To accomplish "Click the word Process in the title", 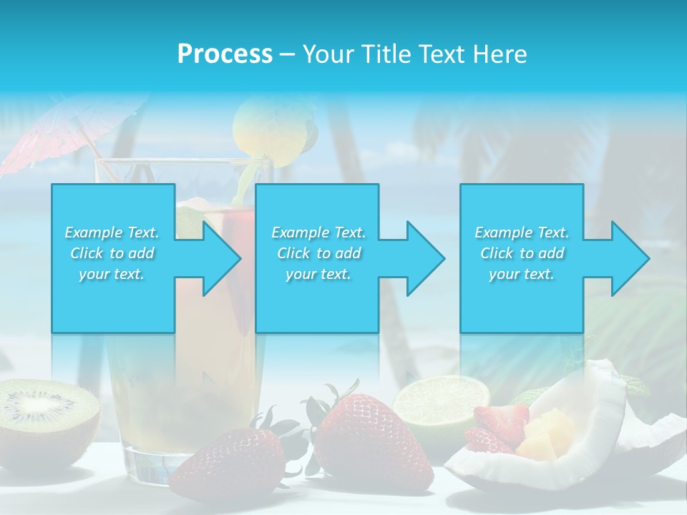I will pyautogui.click(x=225, y=54).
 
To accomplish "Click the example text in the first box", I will pyautogui.click(x=112, y=253).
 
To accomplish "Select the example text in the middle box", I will pyautogui.click(x=318, y=253).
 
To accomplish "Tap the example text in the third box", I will pyautogui.click(x=522, y=253).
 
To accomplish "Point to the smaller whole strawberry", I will pyautogui.click(x=229, y=465).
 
